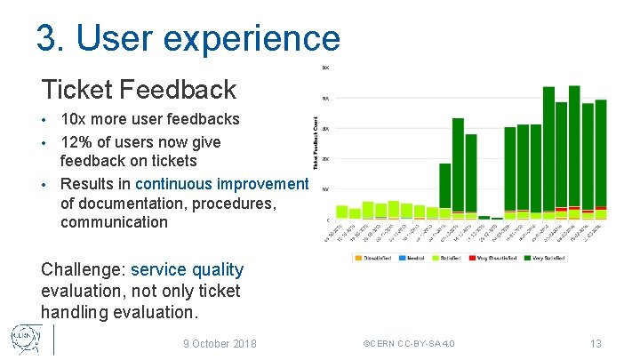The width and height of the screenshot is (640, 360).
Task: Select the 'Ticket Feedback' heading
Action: coord(139,89)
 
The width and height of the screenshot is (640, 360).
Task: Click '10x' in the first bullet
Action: coord(74,119)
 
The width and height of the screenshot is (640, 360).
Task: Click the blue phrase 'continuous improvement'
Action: coord(221,184)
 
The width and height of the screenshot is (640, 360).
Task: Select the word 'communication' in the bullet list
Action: coord(114,222)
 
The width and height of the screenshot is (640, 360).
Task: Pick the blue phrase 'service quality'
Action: coord(187,269)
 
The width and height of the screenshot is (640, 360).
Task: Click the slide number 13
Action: coord(596,343)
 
